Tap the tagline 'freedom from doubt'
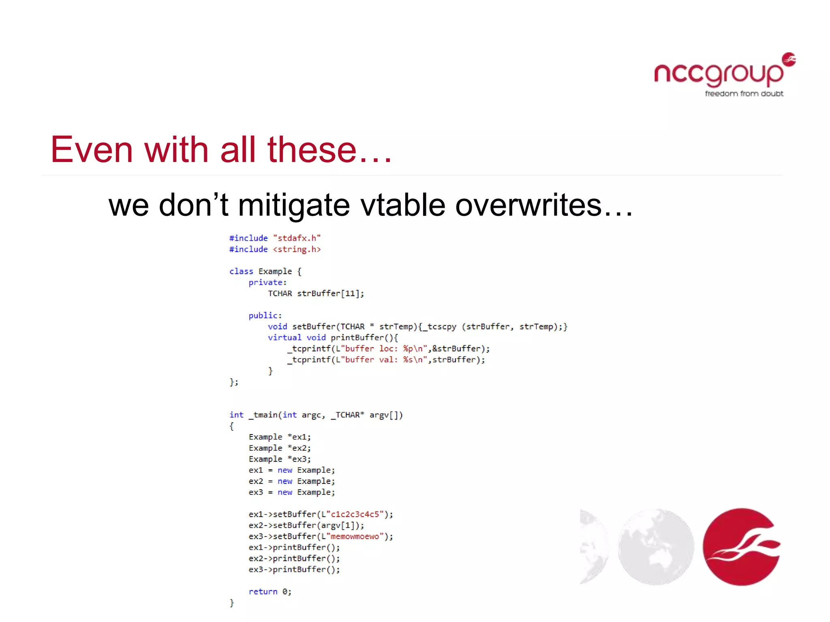click(x=744, y=94)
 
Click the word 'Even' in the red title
click(x=92, y=150)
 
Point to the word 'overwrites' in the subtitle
click(x=528, y=205)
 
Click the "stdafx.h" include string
click(x=297, y=238)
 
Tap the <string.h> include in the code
click(x=297, y=249)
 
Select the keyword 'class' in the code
click(x=241, y=271)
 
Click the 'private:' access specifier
click(x=267, y=282)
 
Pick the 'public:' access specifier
click(x=265, y=315)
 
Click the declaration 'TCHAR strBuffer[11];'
click(x=316, y=294)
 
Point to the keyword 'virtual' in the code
click(x=285, y=338)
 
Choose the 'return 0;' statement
click(x=270, y=592)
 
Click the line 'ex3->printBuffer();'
click(x=294, y=570)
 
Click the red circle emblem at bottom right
click(x=742, y=547)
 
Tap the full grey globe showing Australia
click(x=656, y=547)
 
